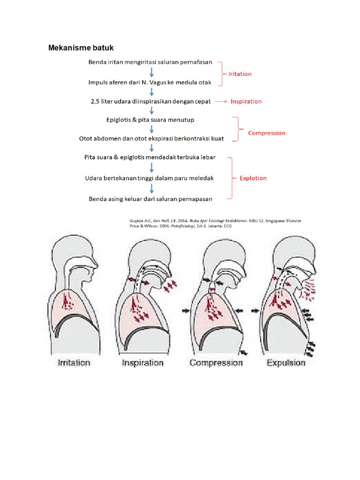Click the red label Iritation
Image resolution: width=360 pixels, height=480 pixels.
coord(240,74)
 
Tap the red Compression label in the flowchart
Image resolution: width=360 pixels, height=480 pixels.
coord(266,133)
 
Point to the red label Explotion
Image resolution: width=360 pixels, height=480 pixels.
coord(253,178)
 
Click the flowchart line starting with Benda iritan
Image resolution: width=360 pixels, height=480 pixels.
coord(150,62)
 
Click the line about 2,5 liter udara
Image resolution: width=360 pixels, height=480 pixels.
coord(150,101)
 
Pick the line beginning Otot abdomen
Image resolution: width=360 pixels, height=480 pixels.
coord(151,139)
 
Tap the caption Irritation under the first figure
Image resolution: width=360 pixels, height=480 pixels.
coord(73,362)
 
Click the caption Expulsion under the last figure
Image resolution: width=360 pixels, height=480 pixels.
coord(286,362)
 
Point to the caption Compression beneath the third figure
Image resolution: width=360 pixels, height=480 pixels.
coord(216,362)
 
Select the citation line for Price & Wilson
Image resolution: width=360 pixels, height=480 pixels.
coord(180,225)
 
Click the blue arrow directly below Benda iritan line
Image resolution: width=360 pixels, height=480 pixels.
coord(151,72)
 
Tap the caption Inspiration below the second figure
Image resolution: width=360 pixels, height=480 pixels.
coord(142,362)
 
